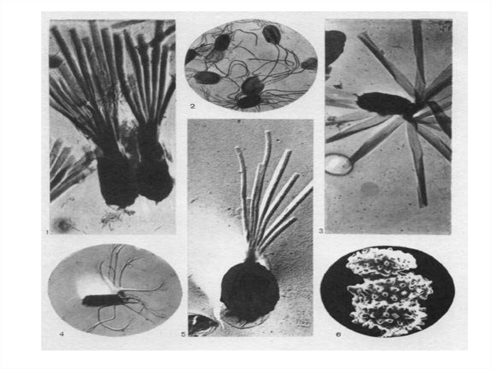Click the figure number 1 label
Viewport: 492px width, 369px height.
47,232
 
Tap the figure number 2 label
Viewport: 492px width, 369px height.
193,106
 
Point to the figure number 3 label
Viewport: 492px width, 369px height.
320,231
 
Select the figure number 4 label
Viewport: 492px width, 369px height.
62,334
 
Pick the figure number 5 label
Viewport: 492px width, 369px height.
184,334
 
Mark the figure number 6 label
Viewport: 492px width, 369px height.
338,334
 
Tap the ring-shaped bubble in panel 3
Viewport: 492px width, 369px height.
338,165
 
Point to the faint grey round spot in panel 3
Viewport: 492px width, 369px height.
369,188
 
